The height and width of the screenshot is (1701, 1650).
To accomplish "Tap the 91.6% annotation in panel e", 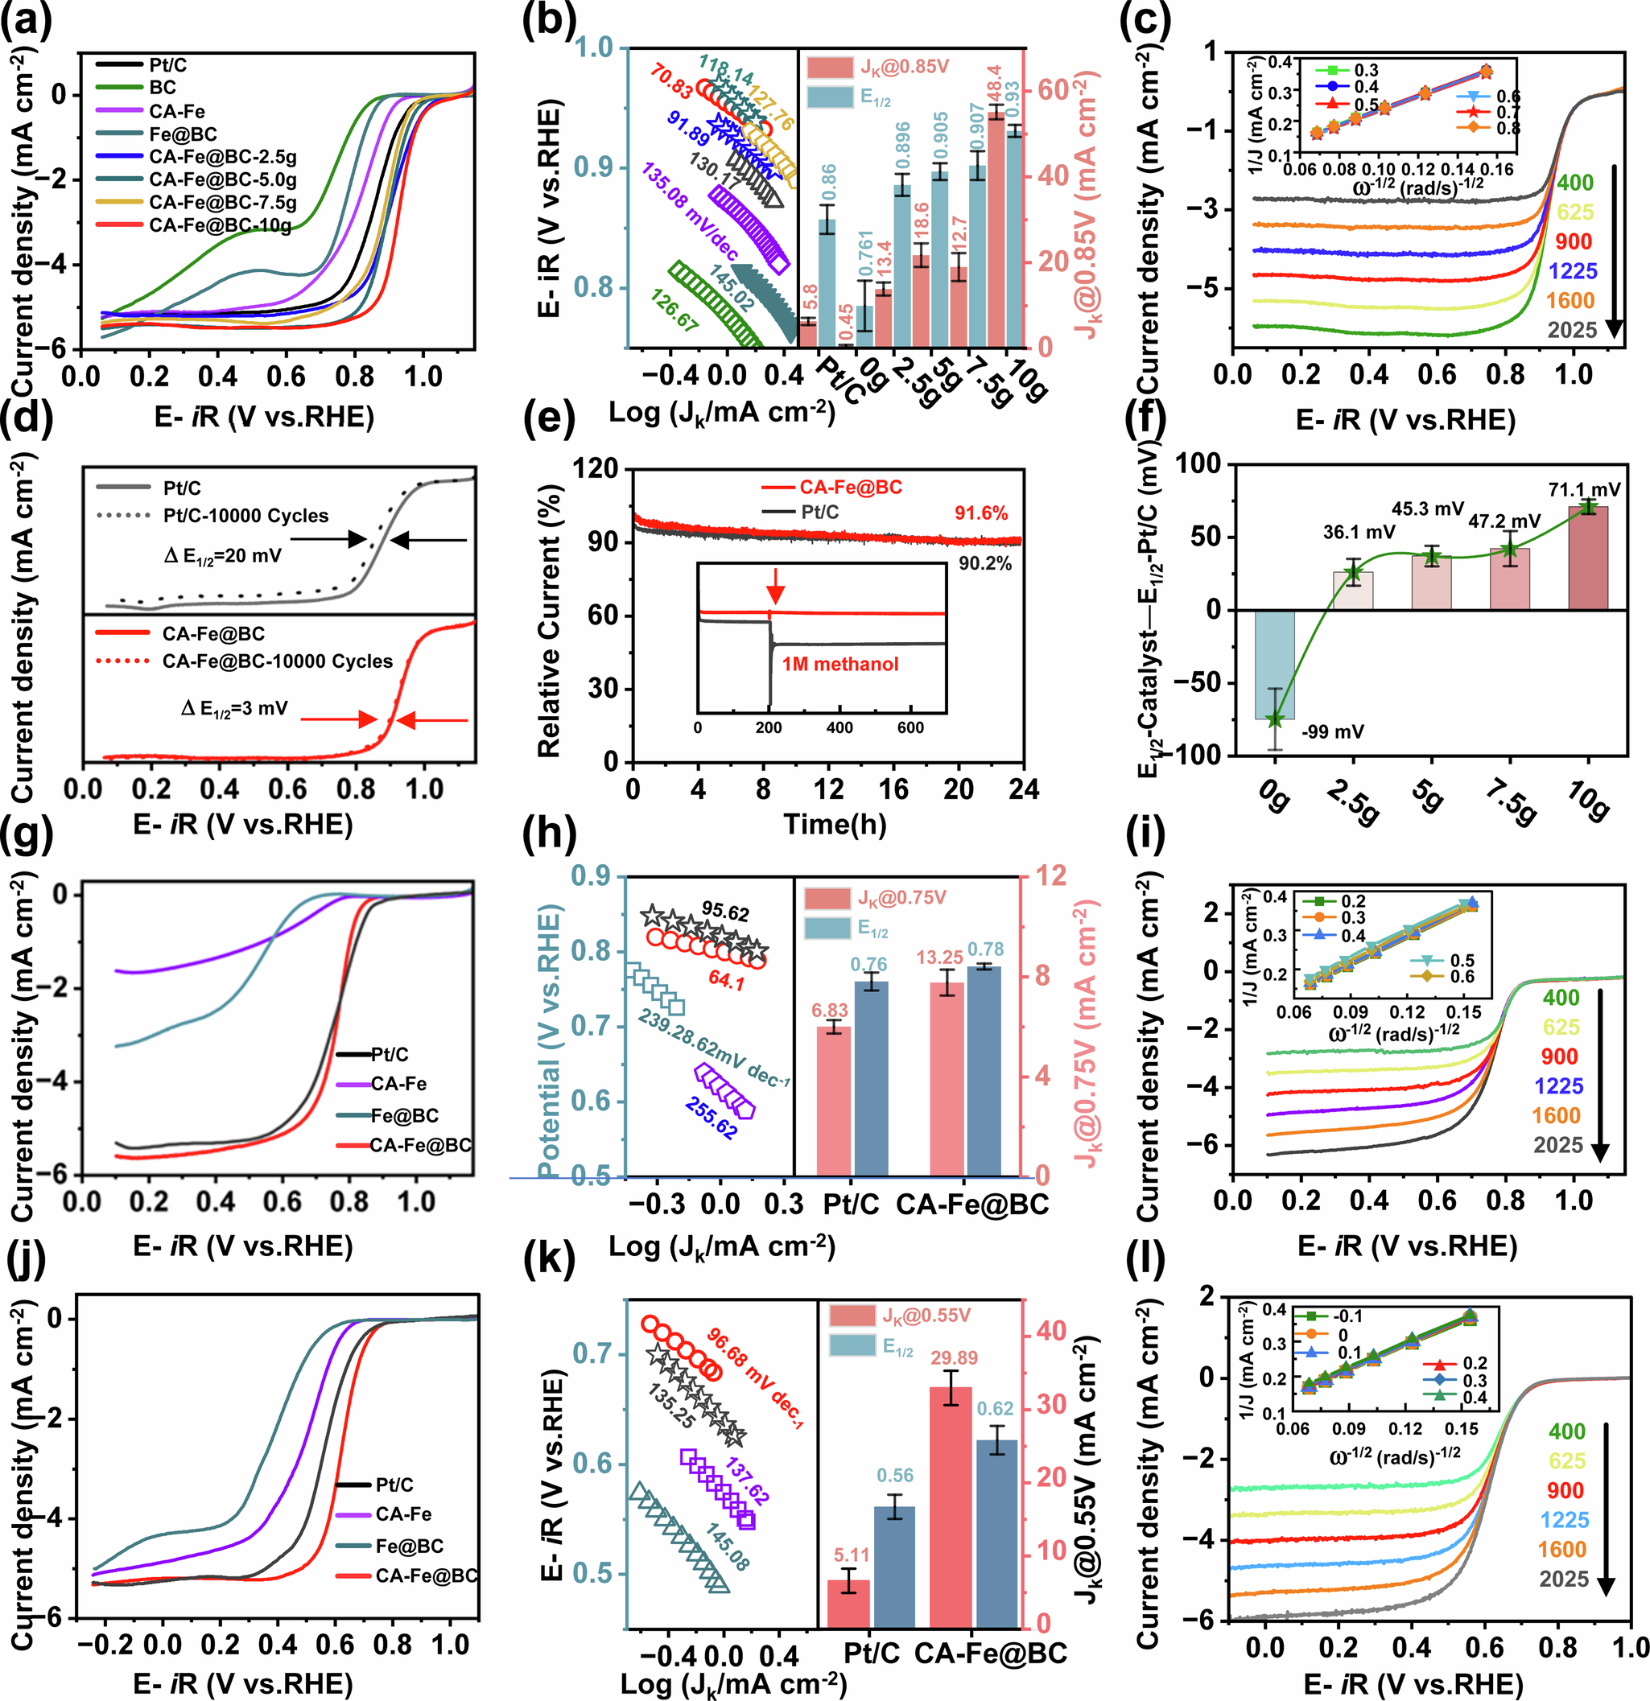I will click(981, 513).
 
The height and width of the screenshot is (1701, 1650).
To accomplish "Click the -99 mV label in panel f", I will click(1332, 731).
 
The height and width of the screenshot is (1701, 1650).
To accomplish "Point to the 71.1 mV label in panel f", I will click(1584, 489).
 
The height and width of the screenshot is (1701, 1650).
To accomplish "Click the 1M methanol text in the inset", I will click(839, 664).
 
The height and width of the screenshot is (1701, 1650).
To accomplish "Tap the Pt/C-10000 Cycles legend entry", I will click(245, 516).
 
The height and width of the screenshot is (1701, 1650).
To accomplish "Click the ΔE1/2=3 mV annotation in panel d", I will click(234, 709).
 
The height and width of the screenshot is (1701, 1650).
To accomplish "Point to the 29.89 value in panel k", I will click(954, 1357).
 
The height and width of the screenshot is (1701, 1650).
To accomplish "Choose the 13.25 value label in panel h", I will click(939, 958).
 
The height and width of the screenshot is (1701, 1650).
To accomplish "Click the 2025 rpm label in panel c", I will click(1572, 330).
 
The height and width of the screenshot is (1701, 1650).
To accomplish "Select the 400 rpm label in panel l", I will click(1566, 1431).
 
